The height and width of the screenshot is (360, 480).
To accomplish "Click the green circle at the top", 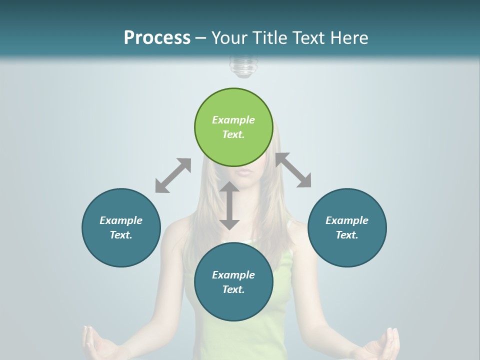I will point(233,127).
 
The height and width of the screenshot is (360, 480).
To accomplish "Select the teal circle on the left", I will point(121,227).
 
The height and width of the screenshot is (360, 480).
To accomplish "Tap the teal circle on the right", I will point(347,227).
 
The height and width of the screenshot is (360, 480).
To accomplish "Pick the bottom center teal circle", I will point(233,282).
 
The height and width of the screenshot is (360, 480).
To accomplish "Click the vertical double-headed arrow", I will point(229,205).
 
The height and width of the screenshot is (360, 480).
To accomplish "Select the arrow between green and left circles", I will point(173,175).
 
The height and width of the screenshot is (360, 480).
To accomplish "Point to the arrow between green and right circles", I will point(293,170).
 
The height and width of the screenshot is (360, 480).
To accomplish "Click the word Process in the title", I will point(157,37).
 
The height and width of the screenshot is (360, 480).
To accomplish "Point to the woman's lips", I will point(243,171).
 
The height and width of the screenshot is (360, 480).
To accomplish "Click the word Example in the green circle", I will point(233,120).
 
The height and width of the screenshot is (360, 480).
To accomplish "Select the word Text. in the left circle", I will point(121,235).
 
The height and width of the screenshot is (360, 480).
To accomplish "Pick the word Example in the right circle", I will point(347,220).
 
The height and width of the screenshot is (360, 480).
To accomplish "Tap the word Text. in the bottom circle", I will point(233,289).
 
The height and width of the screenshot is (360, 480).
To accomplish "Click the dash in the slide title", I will point(200,38).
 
